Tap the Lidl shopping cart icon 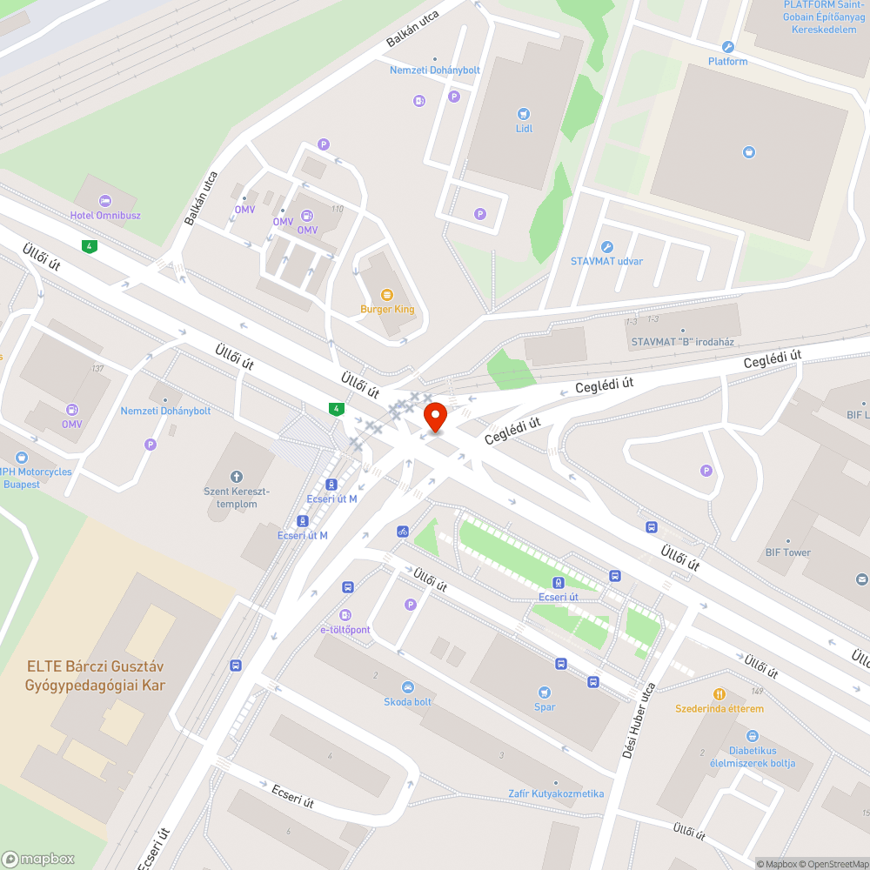tap(523, 113)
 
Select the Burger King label tap(387, 309)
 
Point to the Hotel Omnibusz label tap(105, 215)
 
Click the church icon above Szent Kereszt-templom tap(236, 476)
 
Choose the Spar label tap(545, 707)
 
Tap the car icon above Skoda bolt tap(408, 686)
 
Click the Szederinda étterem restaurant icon tap(719, 693)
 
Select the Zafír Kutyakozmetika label tap(556, 793)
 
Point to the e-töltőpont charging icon tap(345, 615)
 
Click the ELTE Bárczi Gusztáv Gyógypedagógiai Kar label tap(96, 675)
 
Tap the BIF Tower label tap(787, 552)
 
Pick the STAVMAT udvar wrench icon tap(607, 247)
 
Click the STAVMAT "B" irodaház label tap(684, 342)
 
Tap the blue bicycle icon tap(403, 531)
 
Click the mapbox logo tap(39, 859)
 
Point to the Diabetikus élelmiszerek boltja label tap(753, 757)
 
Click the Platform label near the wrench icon tap(727, 62)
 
